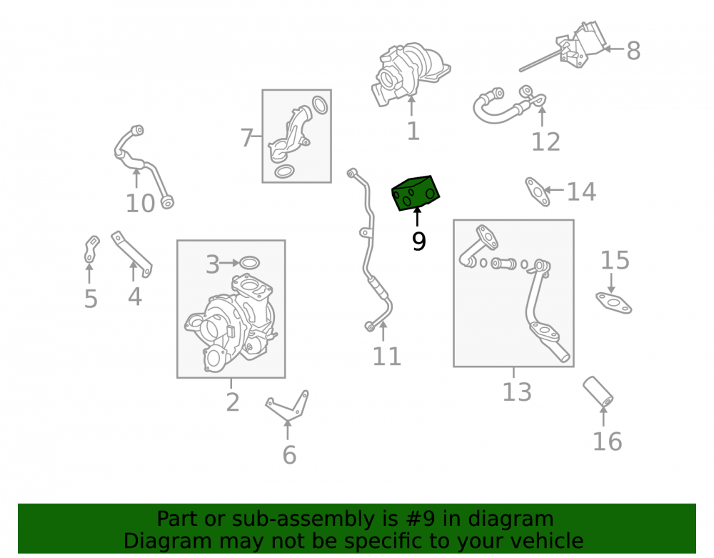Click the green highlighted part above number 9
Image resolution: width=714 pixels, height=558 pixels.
click(416, 194)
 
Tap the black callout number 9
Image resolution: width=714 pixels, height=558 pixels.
click(419, 241)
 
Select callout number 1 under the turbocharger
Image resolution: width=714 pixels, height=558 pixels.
click(413, 131)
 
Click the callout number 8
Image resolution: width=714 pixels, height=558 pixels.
click(633, 51)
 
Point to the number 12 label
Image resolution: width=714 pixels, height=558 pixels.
click(545, 141)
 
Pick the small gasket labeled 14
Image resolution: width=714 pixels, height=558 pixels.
click(538, 191)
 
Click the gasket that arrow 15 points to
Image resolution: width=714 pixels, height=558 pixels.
click(614, 303)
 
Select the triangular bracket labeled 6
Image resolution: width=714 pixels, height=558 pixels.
click(288, 407)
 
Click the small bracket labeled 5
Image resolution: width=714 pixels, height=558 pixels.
click(91, 249)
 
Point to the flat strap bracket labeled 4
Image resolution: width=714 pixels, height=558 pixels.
click(131, 253)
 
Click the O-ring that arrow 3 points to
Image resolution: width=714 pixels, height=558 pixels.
click(249, 263)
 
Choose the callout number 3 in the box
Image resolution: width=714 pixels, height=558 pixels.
click(213, 264)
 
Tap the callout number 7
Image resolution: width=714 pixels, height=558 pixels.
click(246, 138)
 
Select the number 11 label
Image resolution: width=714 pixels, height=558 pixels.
click(386, 357)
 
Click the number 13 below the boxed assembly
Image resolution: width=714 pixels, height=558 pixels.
click(517, 392)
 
